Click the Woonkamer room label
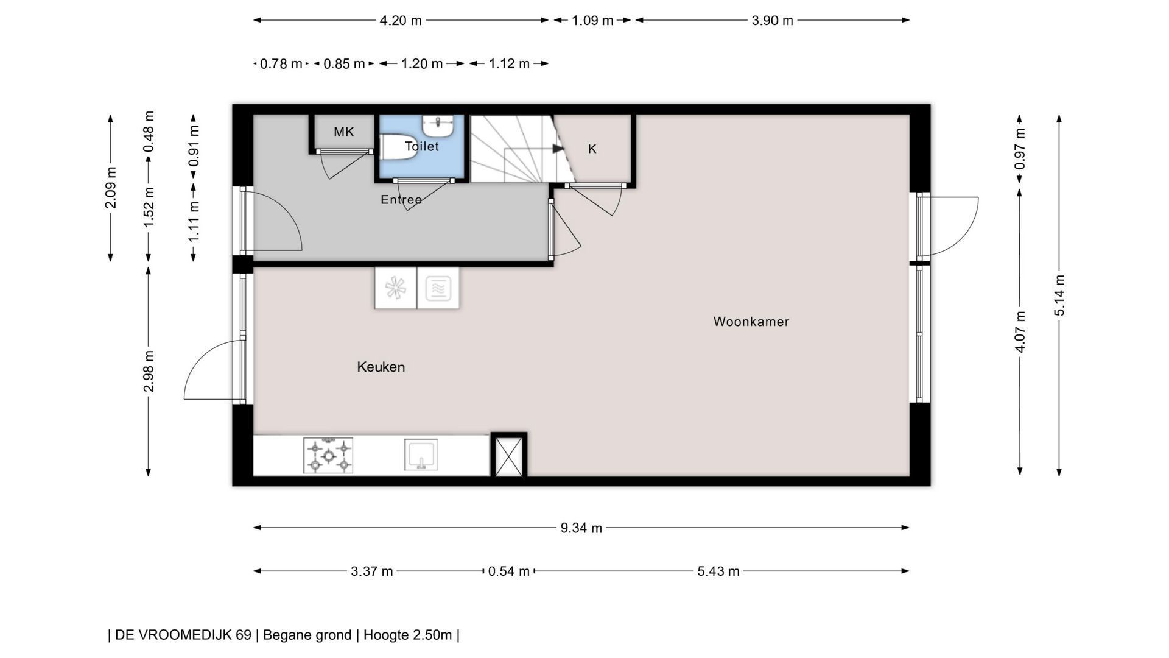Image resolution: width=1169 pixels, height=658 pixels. [751, 322]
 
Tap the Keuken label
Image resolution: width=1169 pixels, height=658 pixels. [381, 367]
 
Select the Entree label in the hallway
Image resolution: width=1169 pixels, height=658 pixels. [401, 200]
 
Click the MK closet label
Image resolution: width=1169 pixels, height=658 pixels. [344, 132]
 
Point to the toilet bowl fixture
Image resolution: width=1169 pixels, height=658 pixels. [398, 147]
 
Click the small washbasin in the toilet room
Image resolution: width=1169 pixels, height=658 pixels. [438, 126]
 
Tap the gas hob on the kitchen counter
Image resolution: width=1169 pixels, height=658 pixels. [328, 455]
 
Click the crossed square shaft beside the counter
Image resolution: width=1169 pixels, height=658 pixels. [509, 455]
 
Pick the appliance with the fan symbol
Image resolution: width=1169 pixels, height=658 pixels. [395, 288]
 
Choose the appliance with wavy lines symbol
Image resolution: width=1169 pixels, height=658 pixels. [438, 288]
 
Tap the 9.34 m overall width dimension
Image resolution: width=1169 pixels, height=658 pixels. [581, 528]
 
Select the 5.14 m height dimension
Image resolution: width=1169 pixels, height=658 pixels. [1059, 295]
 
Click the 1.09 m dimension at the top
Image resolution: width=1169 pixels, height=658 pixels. [592, 20]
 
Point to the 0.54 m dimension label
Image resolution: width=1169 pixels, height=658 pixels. [509, 571]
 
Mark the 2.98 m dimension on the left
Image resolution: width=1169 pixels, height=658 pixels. [149, 372]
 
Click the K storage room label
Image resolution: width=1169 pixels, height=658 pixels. [592, 149]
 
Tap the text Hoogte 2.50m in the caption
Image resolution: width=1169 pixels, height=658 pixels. [407, 635]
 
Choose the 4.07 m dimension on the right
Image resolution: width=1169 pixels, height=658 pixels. [1020, 332]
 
